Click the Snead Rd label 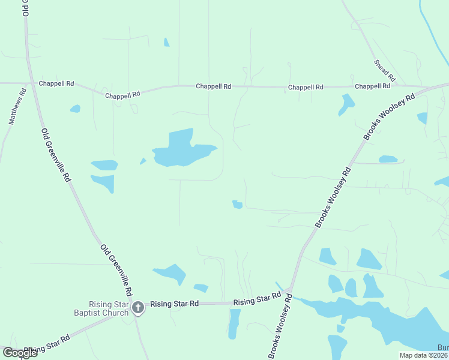[385, 70]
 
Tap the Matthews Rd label [18, 106]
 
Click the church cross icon [137, 308]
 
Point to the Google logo [20, 352]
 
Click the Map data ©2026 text [424, 355]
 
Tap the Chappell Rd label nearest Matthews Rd [56, 84]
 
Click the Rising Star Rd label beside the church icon [174, 304]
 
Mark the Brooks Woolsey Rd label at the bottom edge [280, 326]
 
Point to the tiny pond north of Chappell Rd [166, 42]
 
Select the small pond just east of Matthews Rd [75, 109]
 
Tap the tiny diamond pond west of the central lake [143, 161]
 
